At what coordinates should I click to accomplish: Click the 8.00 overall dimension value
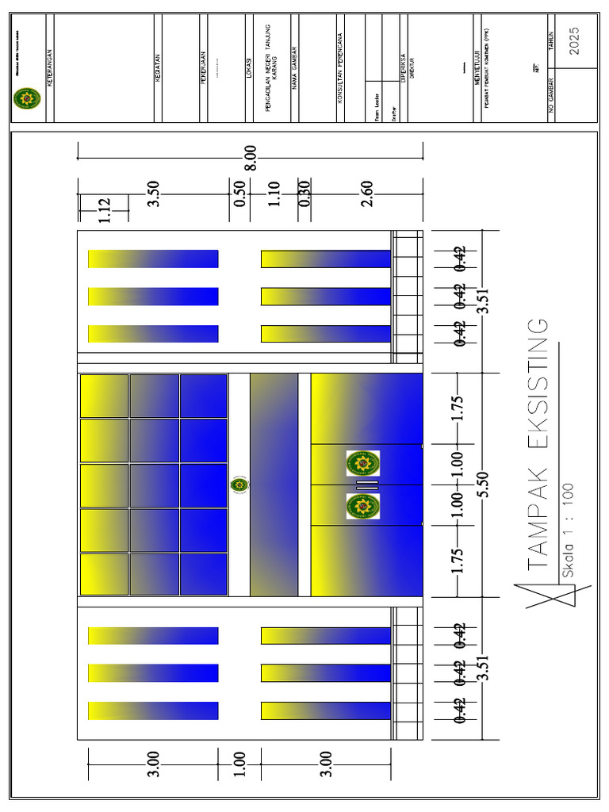tap(251, 158)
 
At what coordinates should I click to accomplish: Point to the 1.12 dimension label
tap(105, 210)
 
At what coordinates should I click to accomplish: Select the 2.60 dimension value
tap(366, 193)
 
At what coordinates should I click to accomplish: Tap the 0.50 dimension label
tap(240, 193)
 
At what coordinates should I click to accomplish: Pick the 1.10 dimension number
tap(274, 193)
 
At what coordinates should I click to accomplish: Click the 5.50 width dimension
tap(481, 485)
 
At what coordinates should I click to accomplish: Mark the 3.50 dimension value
tap(154, 193)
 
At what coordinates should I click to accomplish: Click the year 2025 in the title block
tap(574, 40)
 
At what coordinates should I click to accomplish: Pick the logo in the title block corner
tap(26, 99)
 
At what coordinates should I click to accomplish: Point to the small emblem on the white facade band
tap(239, 485)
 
